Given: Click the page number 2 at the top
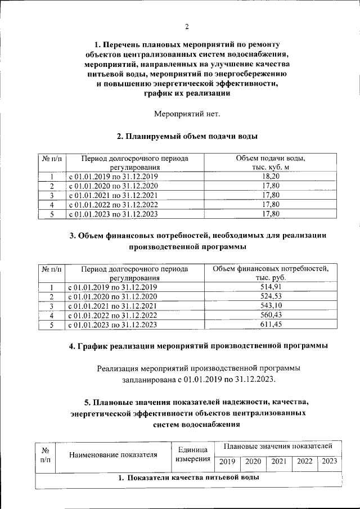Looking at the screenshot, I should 187,26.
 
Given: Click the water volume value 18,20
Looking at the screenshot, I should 271,176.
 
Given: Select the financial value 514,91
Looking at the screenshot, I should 271,287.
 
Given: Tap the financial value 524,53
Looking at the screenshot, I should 271,296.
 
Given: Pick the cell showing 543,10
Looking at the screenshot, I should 271,306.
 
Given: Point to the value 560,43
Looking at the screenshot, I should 271,316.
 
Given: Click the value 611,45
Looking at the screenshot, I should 271,325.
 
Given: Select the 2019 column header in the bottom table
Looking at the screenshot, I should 227,462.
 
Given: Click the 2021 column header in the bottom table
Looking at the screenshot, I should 279,462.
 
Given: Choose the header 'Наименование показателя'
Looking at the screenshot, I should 113,455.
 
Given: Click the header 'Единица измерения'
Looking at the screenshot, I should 193,455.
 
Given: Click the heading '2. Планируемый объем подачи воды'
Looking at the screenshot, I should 187,137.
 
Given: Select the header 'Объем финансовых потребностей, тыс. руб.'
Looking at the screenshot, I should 271,273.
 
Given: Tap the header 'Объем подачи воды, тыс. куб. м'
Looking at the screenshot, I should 271,163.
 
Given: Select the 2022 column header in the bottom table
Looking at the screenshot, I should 305,462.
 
